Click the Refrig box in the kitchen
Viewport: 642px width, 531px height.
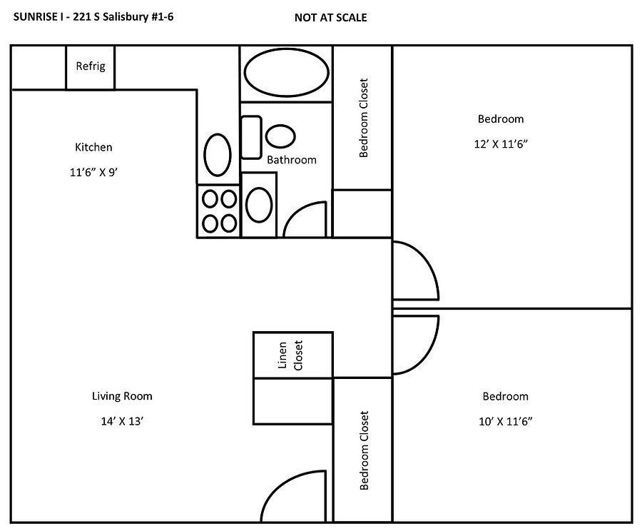click(x=91, y=67)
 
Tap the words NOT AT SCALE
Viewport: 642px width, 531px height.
click(x=330, y=17)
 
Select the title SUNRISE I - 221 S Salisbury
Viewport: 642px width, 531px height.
click(x=93, y=16)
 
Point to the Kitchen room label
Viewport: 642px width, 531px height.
click(x=93, y=148)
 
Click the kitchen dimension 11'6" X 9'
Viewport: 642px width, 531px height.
click(x=93, y=171)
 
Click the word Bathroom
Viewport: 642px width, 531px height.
click(x=291, y=160)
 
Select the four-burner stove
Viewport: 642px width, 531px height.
click(x=219, y=211)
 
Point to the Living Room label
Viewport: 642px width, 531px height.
click(x=122, y=396)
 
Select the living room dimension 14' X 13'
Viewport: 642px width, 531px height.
click(x=122, y=421)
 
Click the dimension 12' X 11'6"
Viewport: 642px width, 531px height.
click(x=501, y=143)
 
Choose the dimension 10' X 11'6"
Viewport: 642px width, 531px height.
click(x=505, y=421)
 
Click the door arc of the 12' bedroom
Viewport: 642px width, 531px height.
click(x=416, y=271)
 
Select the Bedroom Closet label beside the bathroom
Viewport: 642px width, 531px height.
click(x=363, y=118)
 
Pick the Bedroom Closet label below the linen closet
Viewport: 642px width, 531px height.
click(x=364, y=450)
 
